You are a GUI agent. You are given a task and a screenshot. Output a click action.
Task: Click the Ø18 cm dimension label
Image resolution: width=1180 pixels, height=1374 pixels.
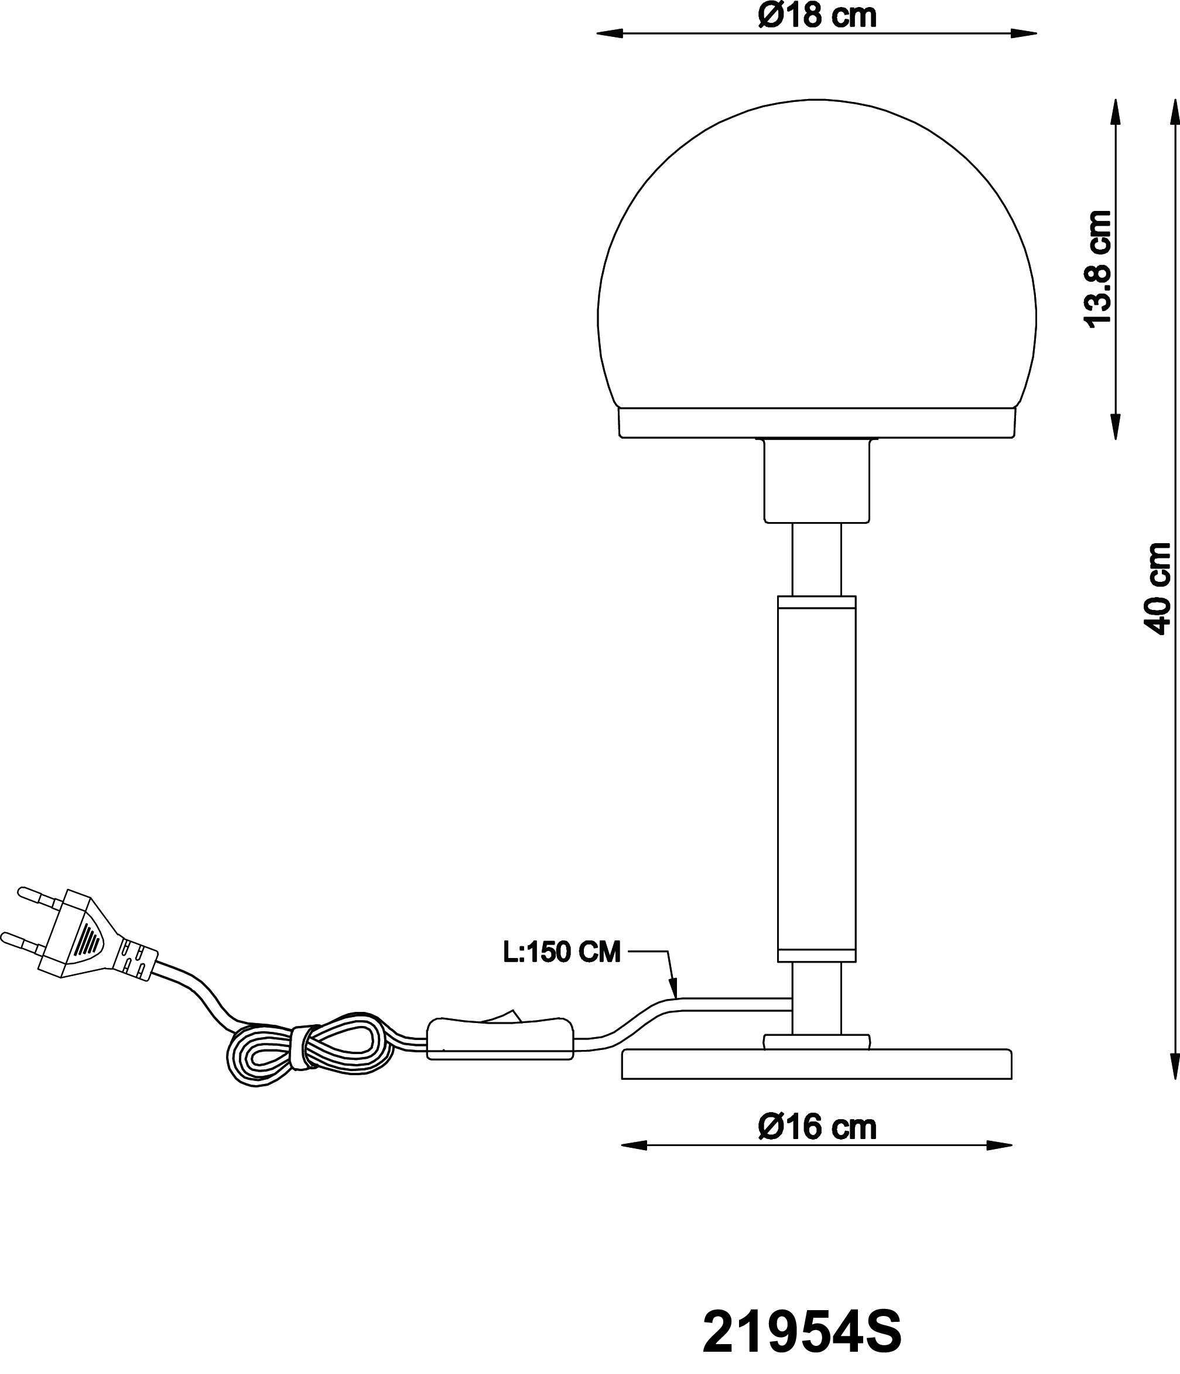pos(817,15)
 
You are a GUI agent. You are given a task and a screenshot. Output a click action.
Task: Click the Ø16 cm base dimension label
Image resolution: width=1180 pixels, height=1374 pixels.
pos(817,1127)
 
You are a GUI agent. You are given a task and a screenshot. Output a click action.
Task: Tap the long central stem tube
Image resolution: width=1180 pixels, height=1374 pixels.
pos(817,779)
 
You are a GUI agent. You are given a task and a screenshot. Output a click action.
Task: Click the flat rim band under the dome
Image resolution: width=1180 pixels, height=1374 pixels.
pos(817,423)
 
